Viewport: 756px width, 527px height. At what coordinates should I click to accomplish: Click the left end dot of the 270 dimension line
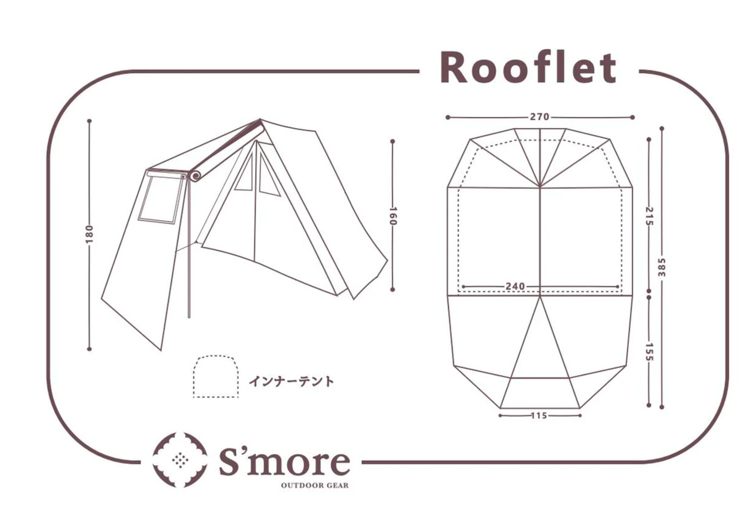click(447, 117)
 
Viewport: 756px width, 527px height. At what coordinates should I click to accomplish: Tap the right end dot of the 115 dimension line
click(580, 415)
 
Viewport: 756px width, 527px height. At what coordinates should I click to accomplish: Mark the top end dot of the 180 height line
click(89, 120)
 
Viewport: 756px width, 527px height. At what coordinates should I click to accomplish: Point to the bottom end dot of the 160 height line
click(392, 290)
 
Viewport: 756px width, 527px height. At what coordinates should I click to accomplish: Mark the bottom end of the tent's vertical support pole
click(189, 317)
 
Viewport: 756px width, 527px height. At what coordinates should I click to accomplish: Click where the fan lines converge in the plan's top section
click(540, 186)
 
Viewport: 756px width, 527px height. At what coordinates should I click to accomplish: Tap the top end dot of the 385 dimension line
click(662, 128)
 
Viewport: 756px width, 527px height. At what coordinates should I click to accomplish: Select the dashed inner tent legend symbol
click(216, 376)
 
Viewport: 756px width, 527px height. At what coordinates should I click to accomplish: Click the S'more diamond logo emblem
click(179, 460)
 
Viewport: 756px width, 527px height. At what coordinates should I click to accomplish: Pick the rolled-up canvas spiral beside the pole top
click(195, 175)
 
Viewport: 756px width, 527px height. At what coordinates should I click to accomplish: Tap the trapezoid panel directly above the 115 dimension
click(540, 393)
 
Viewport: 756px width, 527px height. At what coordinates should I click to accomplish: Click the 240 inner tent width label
click(515, 287)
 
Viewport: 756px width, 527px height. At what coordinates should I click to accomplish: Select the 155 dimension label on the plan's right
click(649, 352)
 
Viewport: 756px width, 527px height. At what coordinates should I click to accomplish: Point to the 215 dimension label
click(649, 216)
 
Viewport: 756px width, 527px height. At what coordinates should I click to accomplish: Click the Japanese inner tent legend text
click(291, 381)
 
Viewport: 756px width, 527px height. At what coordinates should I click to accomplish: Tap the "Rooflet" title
click(529, 67)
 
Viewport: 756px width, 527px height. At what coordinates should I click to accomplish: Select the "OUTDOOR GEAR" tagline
click(314, 486)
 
